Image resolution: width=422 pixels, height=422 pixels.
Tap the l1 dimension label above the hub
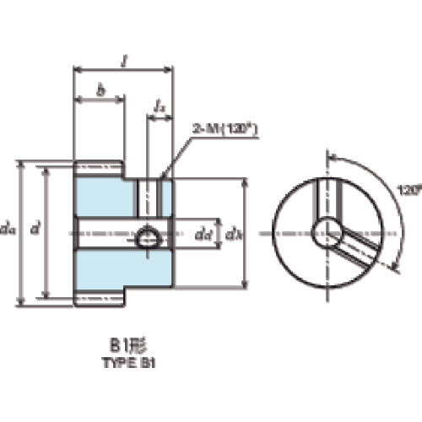tap(160, 105)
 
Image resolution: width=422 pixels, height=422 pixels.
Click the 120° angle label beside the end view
tap(409, 191)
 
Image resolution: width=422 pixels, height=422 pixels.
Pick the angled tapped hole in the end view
tap(356, 251)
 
